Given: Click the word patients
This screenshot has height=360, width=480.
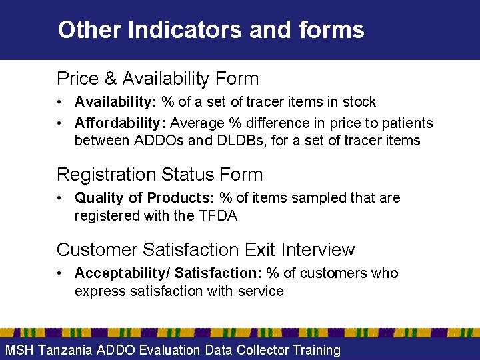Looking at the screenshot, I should [404, 123].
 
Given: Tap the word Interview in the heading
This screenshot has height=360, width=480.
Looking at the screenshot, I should [319, 250].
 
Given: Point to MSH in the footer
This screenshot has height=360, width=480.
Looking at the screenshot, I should [20, 350].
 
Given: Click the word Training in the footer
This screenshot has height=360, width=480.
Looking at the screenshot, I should [313, 350].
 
